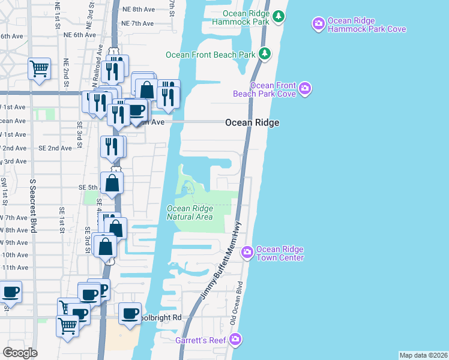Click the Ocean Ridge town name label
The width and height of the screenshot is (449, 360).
coord(252,122)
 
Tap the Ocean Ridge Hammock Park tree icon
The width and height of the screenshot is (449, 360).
coord(278,16)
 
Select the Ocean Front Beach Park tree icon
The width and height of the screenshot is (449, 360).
coord(264,55)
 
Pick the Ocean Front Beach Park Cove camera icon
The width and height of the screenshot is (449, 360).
coord(305,89)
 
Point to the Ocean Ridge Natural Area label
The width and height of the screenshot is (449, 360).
coord(189,212)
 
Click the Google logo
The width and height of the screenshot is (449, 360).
coord(20,352)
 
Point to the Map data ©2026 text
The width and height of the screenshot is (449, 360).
coord(423,355)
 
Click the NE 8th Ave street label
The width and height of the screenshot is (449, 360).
coord(138,10)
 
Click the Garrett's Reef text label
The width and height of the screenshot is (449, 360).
coord(200,340)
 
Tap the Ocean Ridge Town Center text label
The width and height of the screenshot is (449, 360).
coord(280,254)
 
